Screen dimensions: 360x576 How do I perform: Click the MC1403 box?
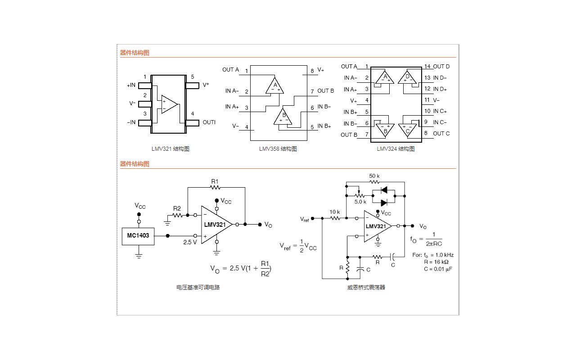tap(138, 236)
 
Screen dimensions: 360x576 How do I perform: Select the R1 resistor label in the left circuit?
tap(215, 181)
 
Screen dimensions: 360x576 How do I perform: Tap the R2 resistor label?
tap(177, 208)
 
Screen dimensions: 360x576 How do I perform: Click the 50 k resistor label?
tap(374, 175)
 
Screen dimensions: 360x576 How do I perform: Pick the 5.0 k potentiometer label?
tap(360, 202)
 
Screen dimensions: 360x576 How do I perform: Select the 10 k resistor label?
tap(334, 211)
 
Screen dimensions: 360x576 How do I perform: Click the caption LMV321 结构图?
tap(171, 149)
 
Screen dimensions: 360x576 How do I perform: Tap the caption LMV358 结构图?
tap(278, 149)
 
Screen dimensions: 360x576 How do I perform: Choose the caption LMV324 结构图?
tap(396, 149)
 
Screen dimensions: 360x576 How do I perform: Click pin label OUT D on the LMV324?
tap(441, 67)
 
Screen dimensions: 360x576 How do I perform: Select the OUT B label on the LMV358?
tap(326, 91)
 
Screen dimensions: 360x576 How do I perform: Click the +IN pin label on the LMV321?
tap(131, 85)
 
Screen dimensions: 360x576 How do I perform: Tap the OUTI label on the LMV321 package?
tap(209, 122)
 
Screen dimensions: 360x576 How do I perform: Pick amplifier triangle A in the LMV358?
tap(275, 85)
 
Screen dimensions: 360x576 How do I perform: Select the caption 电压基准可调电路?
tap(198, 287)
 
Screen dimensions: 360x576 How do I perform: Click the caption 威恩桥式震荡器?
tap(366, 287)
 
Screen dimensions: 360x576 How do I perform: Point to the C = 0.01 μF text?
tap(437, 269)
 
